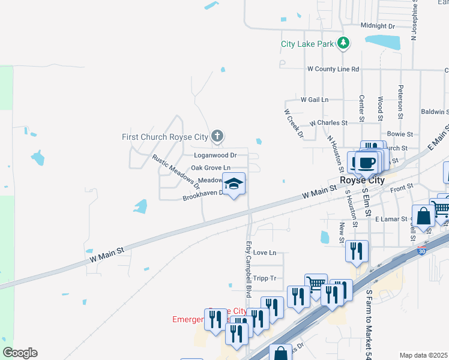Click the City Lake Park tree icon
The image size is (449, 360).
click(x=343, y=43)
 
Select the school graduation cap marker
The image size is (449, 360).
click(x=234, y=184)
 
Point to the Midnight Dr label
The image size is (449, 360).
click(x=378, y=26)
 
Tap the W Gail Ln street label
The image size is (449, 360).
click(x=315, y=100)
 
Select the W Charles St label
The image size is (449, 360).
click(x=328, y=123)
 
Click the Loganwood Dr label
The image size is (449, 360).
click(x=215, y=155)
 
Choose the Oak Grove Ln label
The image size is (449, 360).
click(x=211, y=168)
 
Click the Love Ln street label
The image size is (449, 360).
click(x=264, y=253)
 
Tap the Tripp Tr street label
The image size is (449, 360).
click(x=264, y=278)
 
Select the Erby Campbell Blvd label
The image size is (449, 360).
click(x=249, y=268)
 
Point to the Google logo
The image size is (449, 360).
click(x=19, y=353)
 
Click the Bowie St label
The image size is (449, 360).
click(x=400, y=134)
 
